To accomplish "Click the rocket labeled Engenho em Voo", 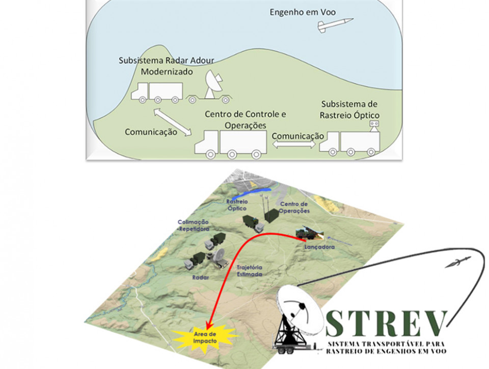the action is tap(335, 25).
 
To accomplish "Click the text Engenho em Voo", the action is tap(303, 12).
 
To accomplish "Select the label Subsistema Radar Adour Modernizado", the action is tap(167, 66).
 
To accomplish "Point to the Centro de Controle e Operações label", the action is tap(245, 120).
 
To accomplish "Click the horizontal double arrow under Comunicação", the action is tap(294, 145).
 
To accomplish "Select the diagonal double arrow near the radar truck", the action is tap(173, 122).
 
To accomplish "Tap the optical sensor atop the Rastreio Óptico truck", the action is tap(374, 126).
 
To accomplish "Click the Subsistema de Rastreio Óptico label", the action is tap(349, 109).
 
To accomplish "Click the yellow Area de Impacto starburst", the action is tap(205, 338).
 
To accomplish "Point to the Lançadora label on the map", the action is tap(319, 247).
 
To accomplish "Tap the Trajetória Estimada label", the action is tap(249, 271).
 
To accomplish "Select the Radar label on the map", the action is tap(201, 277).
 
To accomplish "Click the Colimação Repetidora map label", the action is tap(194, 225).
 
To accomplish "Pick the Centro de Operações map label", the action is tap(294, 207).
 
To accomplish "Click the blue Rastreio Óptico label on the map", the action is tap(237, 205).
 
